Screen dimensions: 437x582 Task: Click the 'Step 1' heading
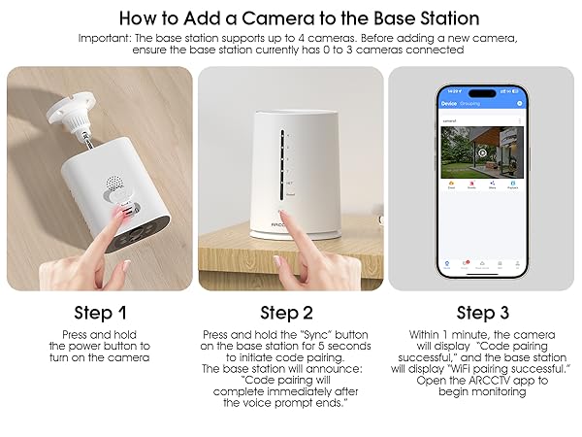click(x=100, y=313)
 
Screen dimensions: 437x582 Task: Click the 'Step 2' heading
click(x=287, y=313)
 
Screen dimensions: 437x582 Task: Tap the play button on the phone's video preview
click(x=482, y=152)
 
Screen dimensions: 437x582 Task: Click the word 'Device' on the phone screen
click(x=449, y=102)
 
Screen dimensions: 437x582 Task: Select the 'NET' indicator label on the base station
click(x=287, y=181)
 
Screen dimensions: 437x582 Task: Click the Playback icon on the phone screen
click(x=513, y=185)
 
